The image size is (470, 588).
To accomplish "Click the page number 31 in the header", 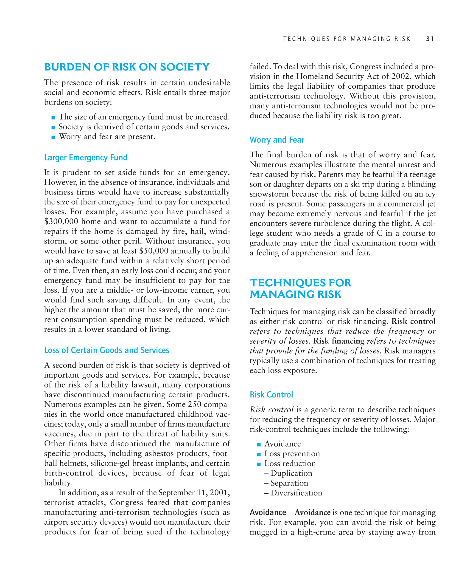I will (x=430, y=39).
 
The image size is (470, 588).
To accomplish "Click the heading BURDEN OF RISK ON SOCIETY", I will (x=127, y=67).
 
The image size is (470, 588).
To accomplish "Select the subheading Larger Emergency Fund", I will (x=86, y=157).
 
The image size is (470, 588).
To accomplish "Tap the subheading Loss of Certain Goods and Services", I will (x=106, y=350).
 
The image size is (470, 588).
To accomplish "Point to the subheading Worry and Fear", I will (x=277, y=140).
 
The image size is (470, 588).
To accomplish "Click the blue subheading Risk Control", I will (x=271, y=394).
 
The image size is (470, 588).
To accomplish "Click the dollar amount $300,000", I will (x=61, y=221).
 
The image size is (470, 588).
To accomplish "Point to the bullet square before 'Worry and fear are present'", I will (x=53, y=137).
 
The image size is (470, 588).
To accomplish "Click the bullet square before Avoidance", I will (x=259, y=444).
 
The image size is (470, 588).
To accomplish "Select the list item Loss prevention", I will (x=292, y=454).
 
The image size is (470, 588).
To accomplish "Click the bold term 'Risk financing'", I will (x=339, y=341).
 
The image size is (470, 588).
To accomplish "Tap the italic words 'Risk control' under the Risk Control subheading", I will (x=272, y=410).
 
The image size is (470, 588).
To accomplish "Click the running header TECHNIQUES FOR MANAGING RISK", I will (x=347, y=39).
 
